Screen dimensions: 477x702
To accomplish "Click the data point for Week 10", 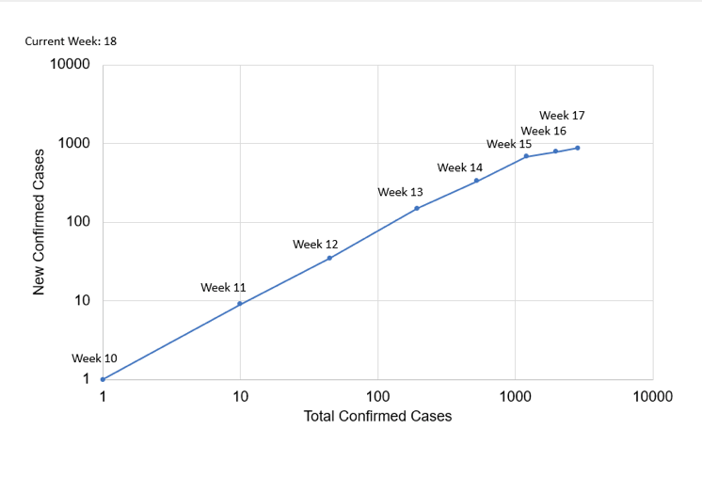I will [x=103, y=379].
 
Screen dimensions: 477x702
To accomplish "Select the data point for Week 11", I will [x=240, y=304].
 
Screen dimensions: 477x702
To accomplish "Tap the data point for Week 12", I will [x=329, y=258].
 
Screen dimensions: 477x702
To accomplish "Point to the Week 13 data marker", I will [x=417, y=208].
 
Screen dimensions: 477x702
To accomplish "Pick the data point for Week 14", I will [x=476, y=180].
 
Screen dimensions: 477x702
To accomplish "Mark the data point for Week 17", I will [x=577, y=148].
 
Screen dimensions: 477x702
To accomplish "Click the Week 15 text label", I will [x=509, y=144].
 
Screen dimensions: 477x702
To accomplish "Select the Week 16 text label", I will [x=543, y=131].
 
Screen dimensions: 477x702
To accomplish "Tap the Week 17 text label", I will [x=562, y=115].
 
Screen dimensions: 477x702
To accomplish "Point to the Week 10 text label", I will [x=94, y=358].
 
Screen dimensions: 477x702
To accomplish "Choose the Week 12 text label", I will [x=315, y=244].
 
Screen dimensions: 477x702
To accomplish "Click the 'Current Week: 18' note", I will [x=71, y=41].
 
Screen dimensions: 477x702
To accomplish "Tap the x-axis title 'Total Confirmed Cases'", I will [x=377, y=416].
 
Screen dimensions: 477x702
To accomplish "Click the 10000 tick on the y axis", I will [x=70, y=65].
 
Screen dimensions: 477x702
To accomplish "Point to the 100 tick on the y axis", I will [x=77, y=222].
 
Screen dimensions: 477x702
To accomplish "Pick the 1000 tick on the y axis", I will [x=73, y=144].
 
